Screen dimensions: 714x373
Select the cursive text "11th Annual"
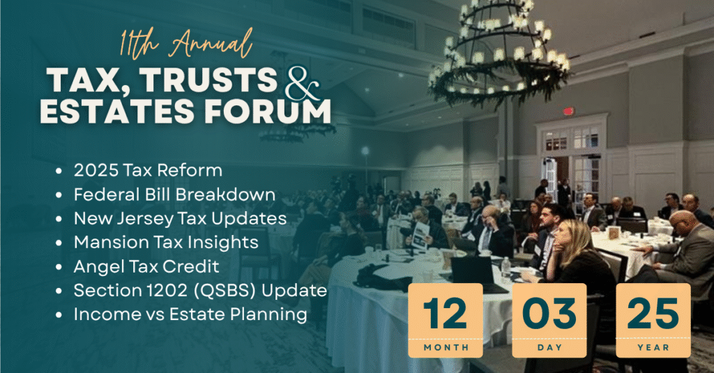186,45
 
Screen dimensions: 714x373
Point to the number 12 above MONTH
446,314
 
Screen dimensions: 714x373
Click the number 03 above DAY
549,314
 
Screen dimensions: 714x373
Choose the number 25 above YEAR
653,314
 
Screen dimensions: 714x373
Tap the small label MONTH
446,347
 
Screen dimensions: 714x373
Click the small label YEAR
653,347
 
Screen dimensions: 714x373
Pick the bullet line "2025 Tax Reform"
148,170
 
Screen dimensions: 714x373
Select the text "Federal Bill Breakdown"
174,195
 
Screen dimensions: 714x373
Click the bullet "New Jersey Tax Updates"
180,219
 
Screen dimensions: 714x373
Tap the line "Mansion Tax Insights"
166,243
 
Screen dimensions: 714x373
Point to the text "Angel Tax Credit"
146,266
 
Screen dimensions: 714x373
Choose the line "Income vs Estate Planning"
190,314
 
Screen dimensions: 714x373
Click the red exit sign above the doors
568,111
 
